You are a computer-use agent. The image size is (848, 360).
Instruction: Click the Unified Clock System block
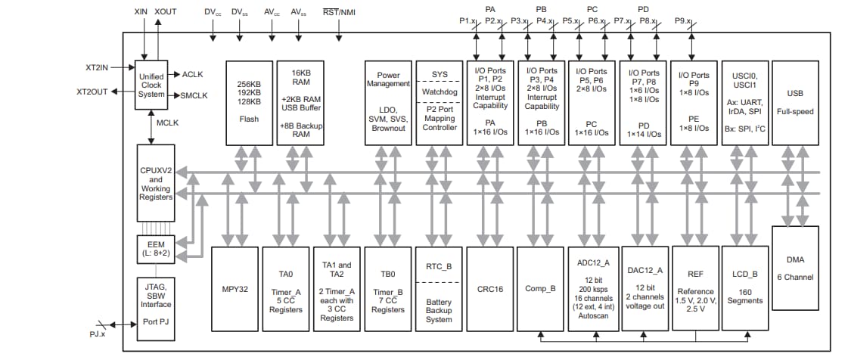tap(151, 85)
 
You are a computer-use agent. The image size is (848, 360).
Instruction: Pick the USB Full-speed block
tap(795, 102)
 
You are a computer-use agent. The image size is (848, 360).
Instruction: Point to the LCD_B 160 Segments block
tap(744, 288)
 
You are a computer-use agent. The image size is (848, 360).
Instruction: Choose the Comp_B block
tap(541, 288)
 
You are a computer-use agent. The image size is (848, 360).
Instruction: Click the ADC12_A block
tap(592, 288)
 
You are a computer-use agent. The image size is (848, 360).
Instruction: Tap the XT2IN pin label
tap(98, 67)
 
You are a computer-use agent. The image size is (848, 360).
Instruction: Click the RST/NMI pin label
tap(338, 12)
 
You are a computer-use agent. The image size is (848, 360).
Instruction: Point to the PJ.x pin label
tap(97, 334)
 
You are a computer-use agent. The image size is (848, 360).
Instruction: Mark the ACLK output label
tap(193, 74)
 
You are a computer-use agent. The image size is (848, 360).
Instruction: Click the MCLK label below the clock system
tap(168, 122)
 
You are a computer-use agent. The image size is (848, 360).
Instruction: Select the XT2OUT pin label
tap(92, 92)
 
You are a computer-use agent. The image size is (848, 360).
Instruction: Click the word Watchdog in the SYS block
tap(440, 92)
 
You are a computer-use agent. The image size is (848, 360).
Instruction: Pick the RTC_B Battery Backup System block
tap(439, 288)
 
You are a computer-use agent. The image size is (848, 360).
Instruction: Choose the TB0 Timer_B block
tap(388, 288)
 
